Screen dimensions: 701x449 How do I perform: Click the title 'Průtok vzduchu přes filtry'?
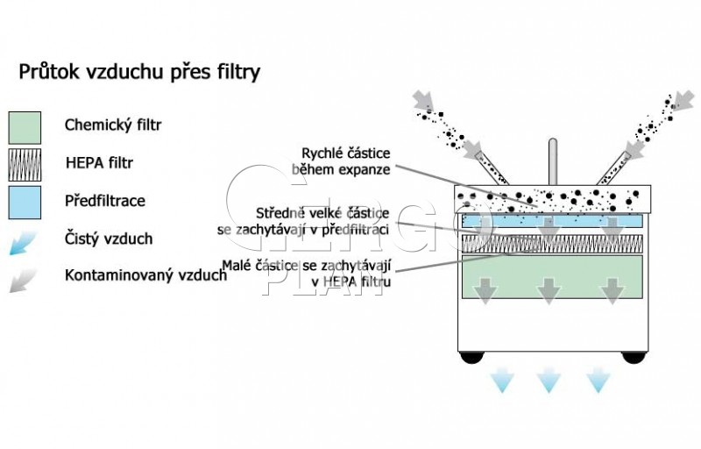click(x=139, y=72)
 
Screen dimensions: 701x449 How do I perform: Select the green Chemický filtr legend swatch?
click(x=25, y=128)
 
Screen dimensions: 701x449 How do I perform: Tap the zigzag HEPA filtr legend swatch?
click(x=25, y=165)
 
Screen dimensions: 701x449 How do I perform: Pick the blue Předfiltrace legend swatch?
click(x=25, y=203)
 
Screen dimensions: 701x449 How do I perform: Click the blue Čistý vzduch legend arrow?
click(x=23, y=243)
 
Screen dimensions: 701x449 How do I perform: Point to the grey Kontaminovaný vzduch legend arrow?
click(x=23, y=281)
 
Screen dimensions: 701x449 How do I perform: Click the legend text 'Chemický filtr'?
click(x=113, y=125)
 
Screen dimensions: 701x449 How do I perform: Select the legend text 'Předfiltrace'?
click(x=104, y=201)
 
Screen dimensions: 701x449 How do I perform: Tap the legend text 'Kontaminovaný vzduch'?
click(x=145, y=274)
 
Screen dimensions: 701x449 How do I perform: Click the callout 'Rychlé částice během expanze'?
click(x=341, y=161)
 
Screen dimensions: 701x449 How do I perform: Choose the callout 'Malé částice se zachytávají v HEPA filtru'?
click(x=306, y=274)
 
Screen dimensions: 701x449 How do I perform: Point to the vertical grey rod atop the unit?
click(x=553, y=161)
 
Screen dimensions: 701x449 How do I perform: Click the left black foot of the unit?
click(x=472, y=357)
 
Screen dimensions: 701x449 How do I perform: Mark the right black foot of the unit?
click(x=634, y=357)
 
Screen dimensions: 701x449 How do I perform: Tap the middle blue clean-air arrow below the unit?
click(x=549, y=380)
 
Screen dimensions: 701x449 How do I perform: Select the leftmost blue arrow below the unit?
click(x=501, y=380)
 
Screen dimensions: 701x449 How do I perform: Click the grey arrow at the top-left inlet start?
click(x=423, y=100)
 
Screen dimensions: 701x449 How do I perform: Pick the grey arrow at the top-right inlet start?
click(x=683, y=101)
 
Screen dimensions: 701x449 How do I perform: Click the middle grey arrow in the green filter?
click(x=549, y=291)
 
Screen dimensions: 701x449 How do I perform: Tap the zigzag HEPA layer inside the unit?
click(x=552, y=244)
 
